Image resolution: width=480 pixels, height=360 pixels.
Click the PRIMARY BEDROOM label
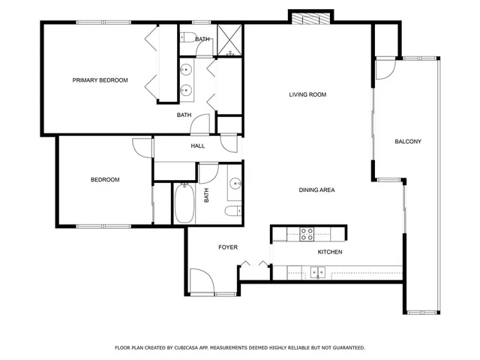[x=100, y=80]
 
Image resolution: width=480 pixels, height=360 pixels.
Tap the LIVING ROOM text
[x=307, y=94]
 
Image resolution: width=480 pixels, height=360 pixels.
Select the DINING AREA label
[x=316, y=190]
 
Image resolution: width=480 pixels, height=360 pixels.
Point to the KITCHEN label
[x=330, y=252]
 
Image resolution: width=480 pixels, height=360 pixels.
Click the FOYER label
[x=228, y=247]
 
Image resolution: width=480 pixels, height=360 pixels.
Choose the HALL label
[x=198, y=146]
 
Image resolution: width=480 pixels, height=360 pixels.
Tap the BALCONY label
[x=408, y=142]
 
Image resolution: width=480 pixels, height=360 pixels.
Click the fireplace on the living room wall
[x=310, y=19]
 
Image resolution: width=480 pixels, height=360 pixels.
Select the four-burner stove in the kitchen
[x=307, y=233]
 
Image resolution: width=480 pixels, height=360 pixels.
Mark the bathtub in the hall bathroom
[x=184, y=203]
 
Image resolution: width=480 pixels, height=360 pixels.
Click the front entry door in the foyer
[x=202, y=283]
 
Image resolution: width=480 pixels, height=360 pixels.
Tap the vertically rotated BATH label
[x=206, y=194]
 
